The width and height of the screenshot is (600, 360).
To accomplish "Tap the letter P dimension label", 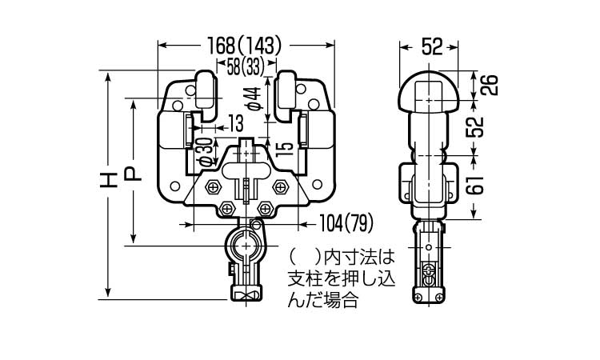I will point(135,173).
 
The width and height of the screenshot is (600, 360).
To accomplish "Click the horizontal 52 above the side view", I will point(432,48).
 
